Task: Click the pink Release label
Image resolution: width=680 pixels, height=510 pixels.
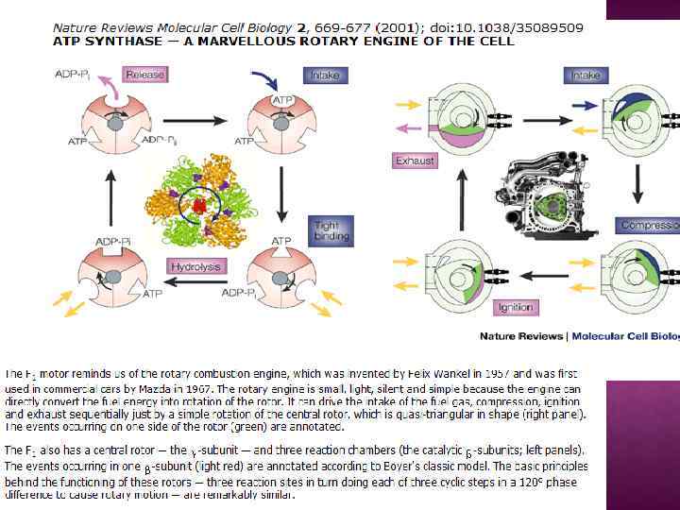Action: (144, 75)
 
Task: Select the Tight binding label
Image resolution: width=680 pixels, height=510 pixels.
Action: (331, 229)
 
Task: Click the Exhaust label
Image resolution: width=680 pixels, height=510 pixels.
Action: (416, 161)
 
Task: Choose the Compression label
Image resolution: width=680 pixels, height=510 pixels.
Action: (649, 226)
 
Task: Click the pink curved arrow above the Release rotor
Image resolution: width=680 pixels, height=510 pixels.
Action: (113, 88)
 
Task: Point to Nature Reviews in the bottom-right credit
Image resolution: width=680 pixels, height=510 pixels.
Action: (520, 336)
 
